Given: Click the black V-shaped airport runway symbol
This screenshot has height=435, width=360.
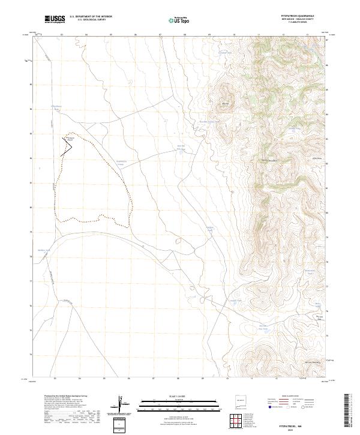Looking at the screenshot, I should tap(65, 145).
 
